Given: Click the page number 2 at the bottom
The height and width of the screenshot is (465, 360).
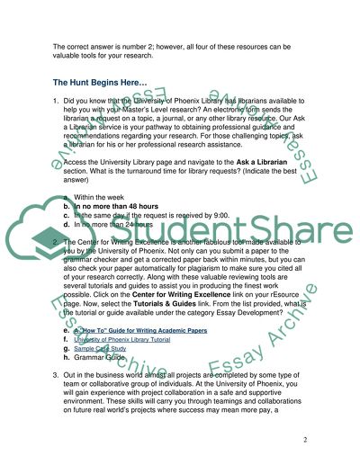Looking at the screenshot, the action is click(306, 438).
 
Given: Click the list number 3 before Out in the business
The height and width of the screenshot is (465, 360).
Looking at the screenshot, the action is click(56, 375).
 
